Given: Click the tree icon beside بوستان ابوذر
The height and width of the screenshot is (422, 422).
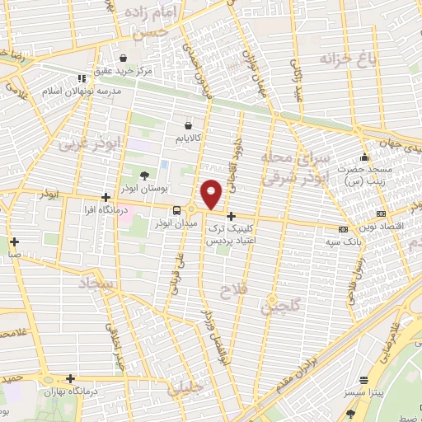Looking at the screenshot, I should (145, 175).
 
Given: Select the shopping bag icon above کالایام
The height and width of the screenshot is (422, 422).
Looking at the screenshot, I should (190, 125).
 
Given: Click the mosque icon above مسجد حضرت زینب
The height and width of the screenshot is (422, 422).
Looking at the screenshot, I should (364, 157).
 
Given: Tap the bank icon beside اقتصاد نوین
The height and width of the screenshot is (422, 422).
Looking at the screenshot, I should (343, 229).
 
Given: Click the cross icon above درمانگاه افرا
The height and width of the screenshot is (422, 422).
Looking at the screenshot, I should (105, 198).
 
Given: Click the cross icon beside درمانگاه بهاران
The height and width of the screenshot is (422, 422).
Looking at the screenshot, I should (71, 379).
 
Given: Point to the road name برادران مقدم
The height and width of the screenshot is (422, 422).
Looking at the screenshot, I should (301, 354).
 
